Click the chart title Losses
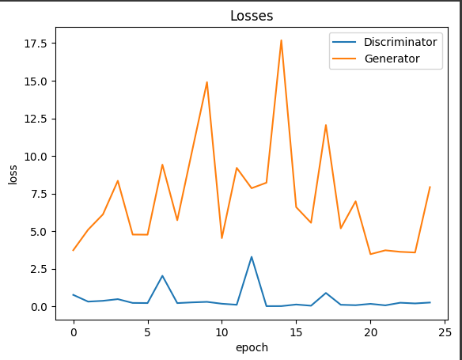251,16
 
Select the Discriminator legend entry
400,41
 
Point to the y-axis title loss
13,173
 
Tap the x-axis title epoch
251,347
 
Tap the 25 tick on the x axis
445,332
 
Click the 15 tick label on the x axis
296,332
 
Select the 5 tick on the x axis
147,332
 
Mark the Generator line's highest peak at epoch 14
281,40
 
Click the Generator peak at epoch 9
207,82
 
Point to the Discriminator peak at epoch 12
252,256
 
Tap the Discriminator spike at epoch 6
162,276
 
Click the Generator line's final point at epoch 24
430,188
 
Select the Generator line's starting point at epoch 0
74,250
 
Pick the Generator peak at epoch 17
326,125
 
